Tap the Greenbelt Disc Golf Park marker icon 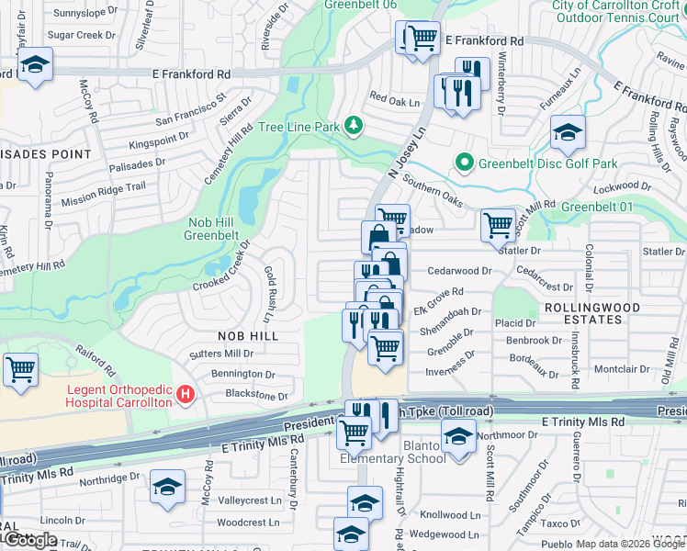point(465,164)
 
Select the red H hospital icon point(186,395)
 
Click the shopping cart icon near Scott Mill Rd point(497,222)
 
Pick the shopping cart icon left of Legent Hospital point(20,369)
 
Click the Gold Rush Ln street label point(270,294)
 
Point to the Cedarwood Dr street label point(460,271)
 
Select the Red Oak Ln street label point(394,102)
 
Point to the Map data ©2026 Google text point(630,544)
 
